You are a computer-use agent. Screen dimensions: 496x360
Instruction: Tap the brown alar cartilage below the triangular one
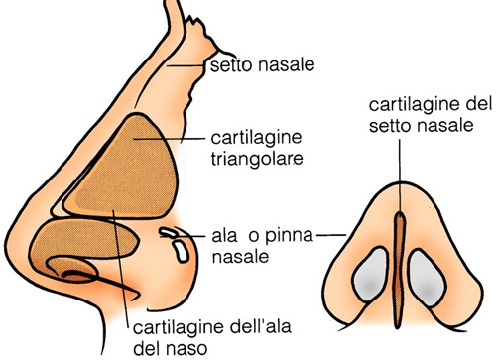click(82, 240)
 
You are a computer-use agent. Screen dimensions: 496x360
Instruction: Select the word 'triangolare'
click(257, 159)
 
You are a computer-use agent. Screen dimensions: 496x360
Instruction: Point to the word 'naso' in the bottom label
click(186, 348)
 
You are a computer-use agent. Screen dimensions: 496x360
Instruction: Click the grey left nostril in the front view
click(370, 275)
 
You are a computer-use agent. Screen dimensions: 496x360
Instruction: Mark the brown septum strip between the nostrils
click(400, 270)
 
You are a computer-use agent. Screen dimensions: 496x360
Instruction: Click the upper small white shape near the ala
click(168, 232)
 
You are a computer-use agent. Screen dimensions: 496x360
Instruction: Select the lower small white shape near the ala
click(182, 252)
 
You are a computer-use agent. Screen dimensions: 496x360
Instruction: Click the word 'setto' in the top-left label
click(231, 65)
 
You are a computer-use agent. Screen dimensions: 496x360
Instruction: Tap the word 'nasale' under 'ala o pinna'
click(240, 257)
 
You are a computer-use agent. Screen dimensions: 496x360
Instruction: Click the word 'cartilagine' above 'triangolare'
click(256, 138)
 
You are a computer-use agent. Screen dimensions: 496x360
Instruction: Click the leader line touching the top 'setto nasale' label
click(186, 66)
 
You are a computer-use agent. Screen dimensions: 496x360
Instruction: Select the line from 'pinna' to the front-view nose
click(331, 235)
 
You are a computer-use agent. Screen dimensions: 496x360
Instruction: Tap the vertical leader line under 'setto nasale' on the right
click(400, 176)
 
